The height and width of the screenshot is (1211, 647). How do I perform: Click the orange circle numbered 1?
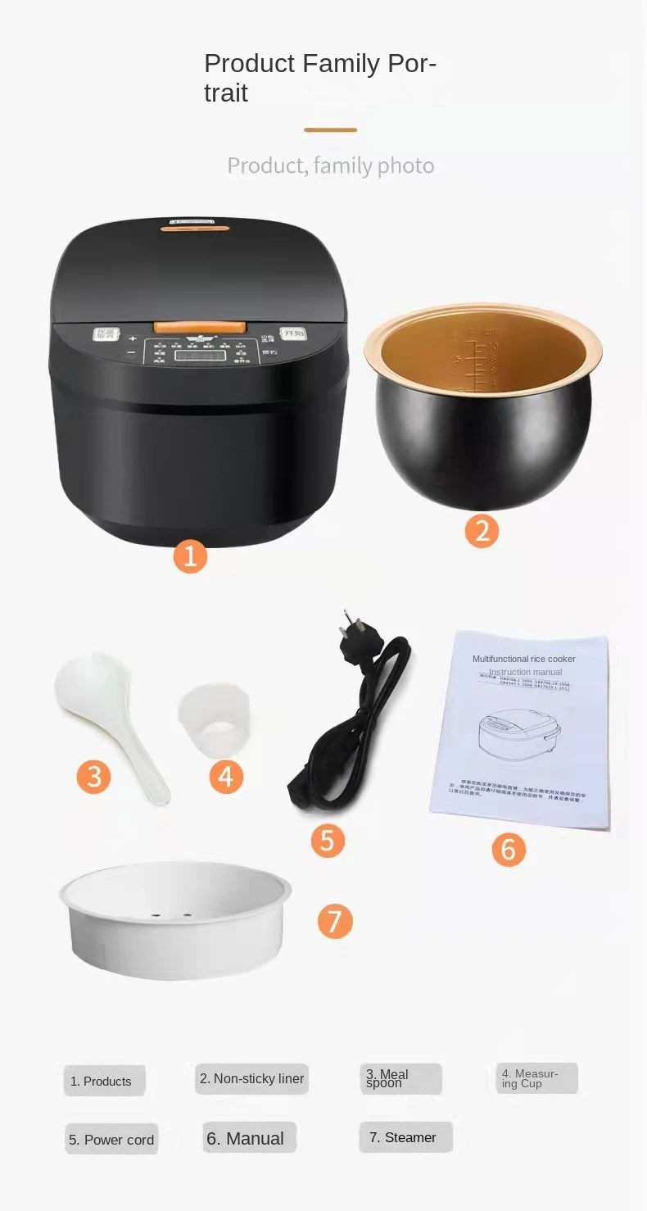(x=190, y=556)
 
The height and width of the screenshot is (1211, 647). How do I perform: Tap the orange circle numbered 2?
(x=482, y=531)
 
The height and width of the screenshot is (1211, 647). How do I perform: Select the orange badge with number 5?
(x=328, y=841)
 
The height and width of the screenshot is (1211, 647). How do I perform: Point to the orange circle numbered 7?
(x=334, y=921)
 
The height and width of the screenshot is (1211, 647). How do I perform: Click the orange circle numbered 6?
(x=508, y=850)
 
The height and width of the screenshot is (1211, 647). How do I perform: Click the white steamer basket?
(x=175, y=919)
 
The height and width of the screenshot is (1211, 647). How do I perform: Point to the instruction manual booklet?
(x=521, y=729)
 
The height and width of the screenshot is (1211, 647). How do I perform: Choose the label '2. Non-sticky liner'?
(x=252, y=1079)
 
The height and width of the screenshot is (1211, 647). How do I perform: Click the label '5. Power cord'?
(x=111, y=1140)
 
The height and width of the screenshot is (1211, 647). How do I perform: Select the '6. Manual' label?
(x=246, y=1139)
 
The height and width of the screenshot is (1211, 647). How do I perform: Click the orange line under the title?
(x=330, y=129)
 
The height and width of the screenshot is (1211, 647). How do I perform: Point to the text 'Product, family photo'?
(x=330, y=166)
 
